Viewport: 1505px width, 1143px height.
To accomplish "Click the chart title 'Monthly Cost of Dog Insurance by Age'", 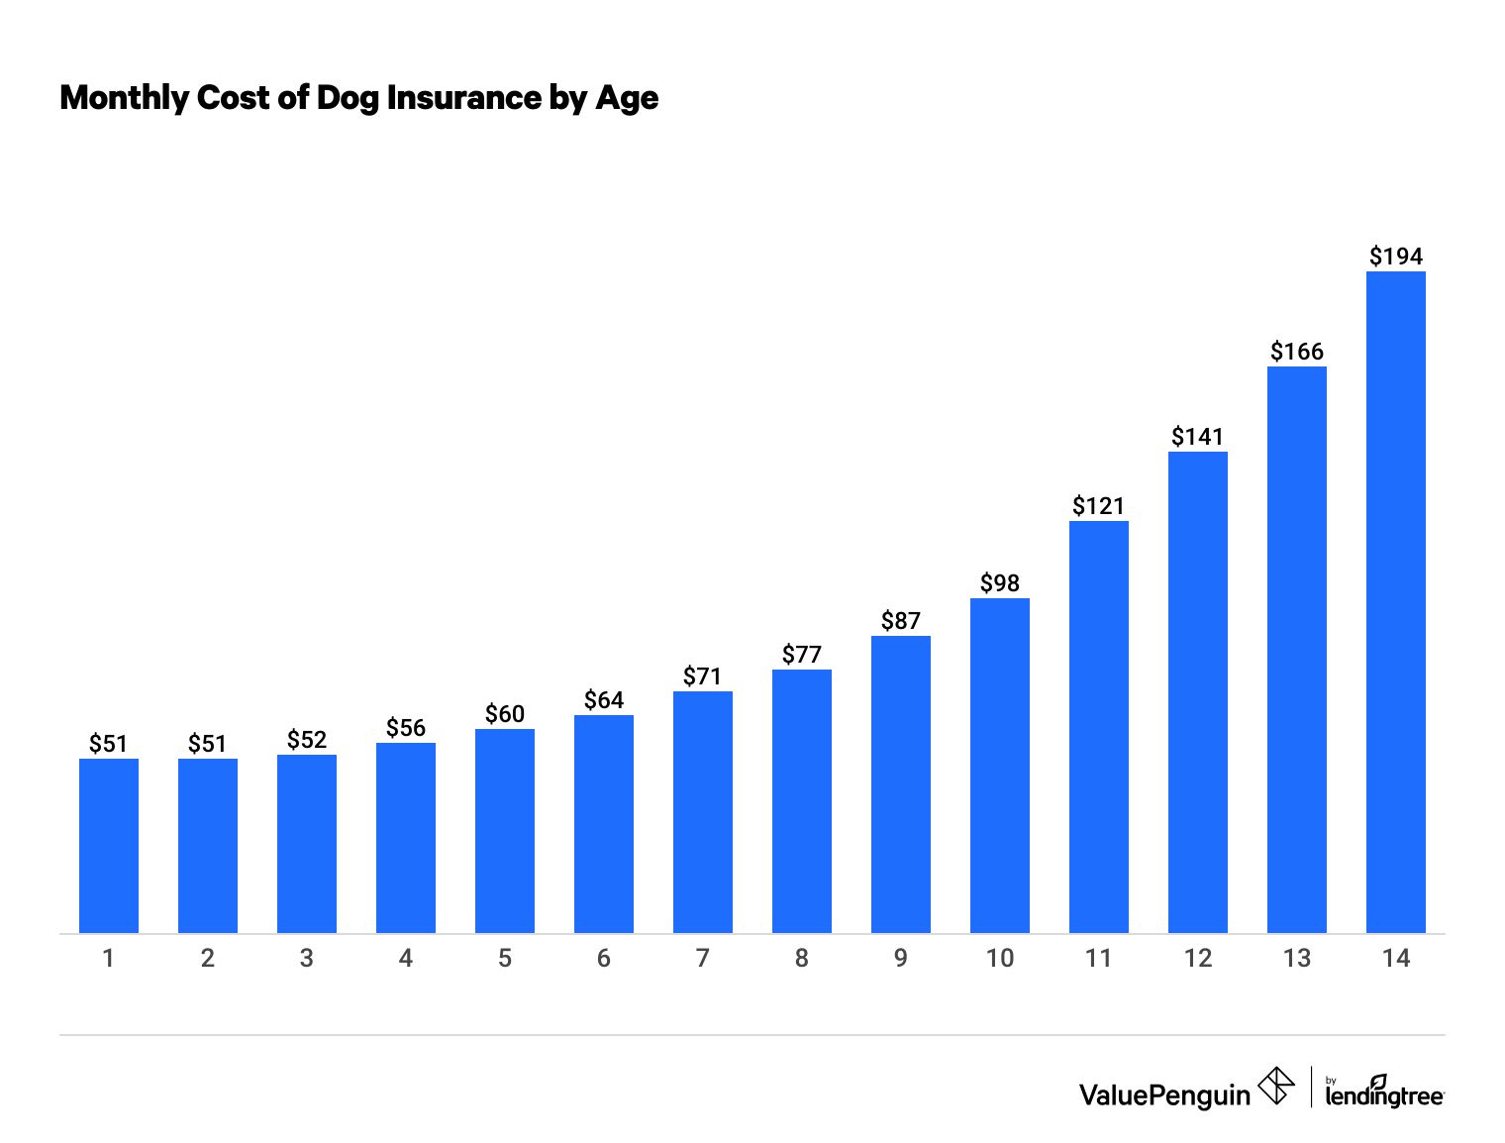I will tap(358, 98).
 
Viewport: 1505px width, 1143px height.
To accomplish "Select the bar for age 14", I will tap(1395, 602).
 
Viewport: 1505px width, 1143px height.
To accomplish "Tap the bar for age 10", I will tap(999, 766).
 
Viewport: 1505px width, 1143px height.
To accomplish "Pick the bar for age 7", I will tap(702, 812).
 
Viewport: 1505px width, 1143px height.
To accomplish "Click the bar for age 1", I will tap(108, 846).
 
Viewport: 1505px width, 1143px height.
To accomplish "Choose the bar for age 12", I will tap(1197, 692).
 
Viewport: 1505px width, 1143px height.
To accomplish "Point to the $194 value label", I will tap(1395, 257).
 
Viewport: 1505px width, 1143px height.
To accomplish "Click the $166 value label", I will tap(1296, 352).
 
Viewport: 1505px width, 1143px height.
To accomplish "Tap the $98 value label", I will tap(999, 583).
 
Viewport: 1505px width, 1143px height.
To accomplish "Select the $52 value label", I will tap(306, 740).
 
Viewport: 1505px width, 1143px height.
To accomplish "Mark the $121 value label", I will tap(1098, 506).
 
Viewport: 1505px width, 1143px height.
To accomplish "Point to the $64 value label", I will tap(603, 700).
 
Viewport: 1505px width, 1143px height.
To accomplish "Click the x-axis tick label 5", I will tap(504, 959).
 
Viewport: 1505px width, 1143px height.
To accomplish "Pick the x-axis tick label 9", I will tap(900, 959).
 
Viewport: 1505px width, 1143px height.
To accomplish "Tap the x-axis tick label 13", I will tap(1296, 959).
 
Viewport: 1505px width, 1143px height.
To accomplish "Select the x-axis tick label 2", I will tap(207, 959).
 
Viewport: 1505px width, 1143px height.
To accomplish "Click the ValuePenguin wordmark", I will tap(1164, 1094).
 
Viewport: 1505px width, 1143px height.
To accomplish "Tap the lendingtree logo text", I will tap(1383, 1095).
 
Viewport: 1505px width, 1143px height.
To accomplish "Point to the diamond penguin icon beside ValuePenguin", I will tap(1276, 1086).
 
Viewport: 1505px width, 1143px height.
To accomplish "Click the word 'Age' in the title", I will tap(626, 98).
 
